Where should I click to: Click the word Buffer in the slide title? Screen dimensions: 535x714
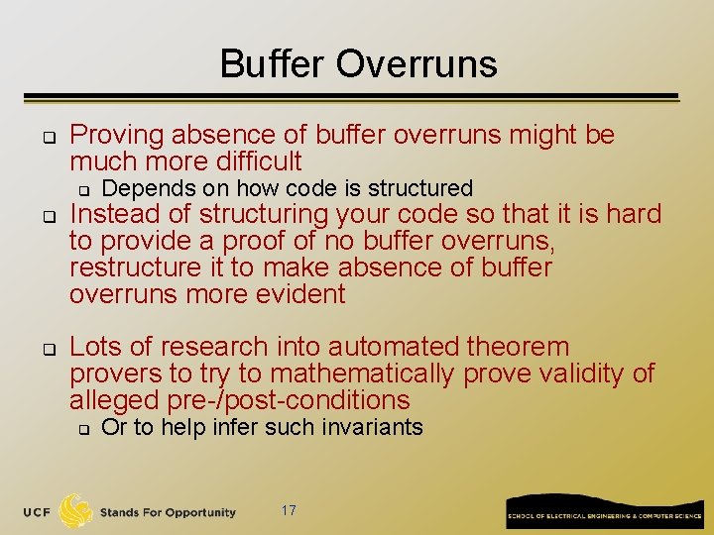tap(272, 63)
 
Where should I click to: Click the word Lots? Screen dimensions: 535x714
tap(95, 347)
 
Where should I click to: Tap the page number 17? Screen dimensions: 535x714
tap(289, 511)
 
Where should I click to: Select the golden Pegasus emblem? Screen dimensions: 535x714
tap(76, 510)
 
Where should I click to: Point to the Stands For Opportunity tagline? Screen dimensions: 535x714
tap(168, 512)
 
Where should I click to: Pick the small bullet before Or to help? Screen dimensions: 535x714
tap(84, 429)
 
